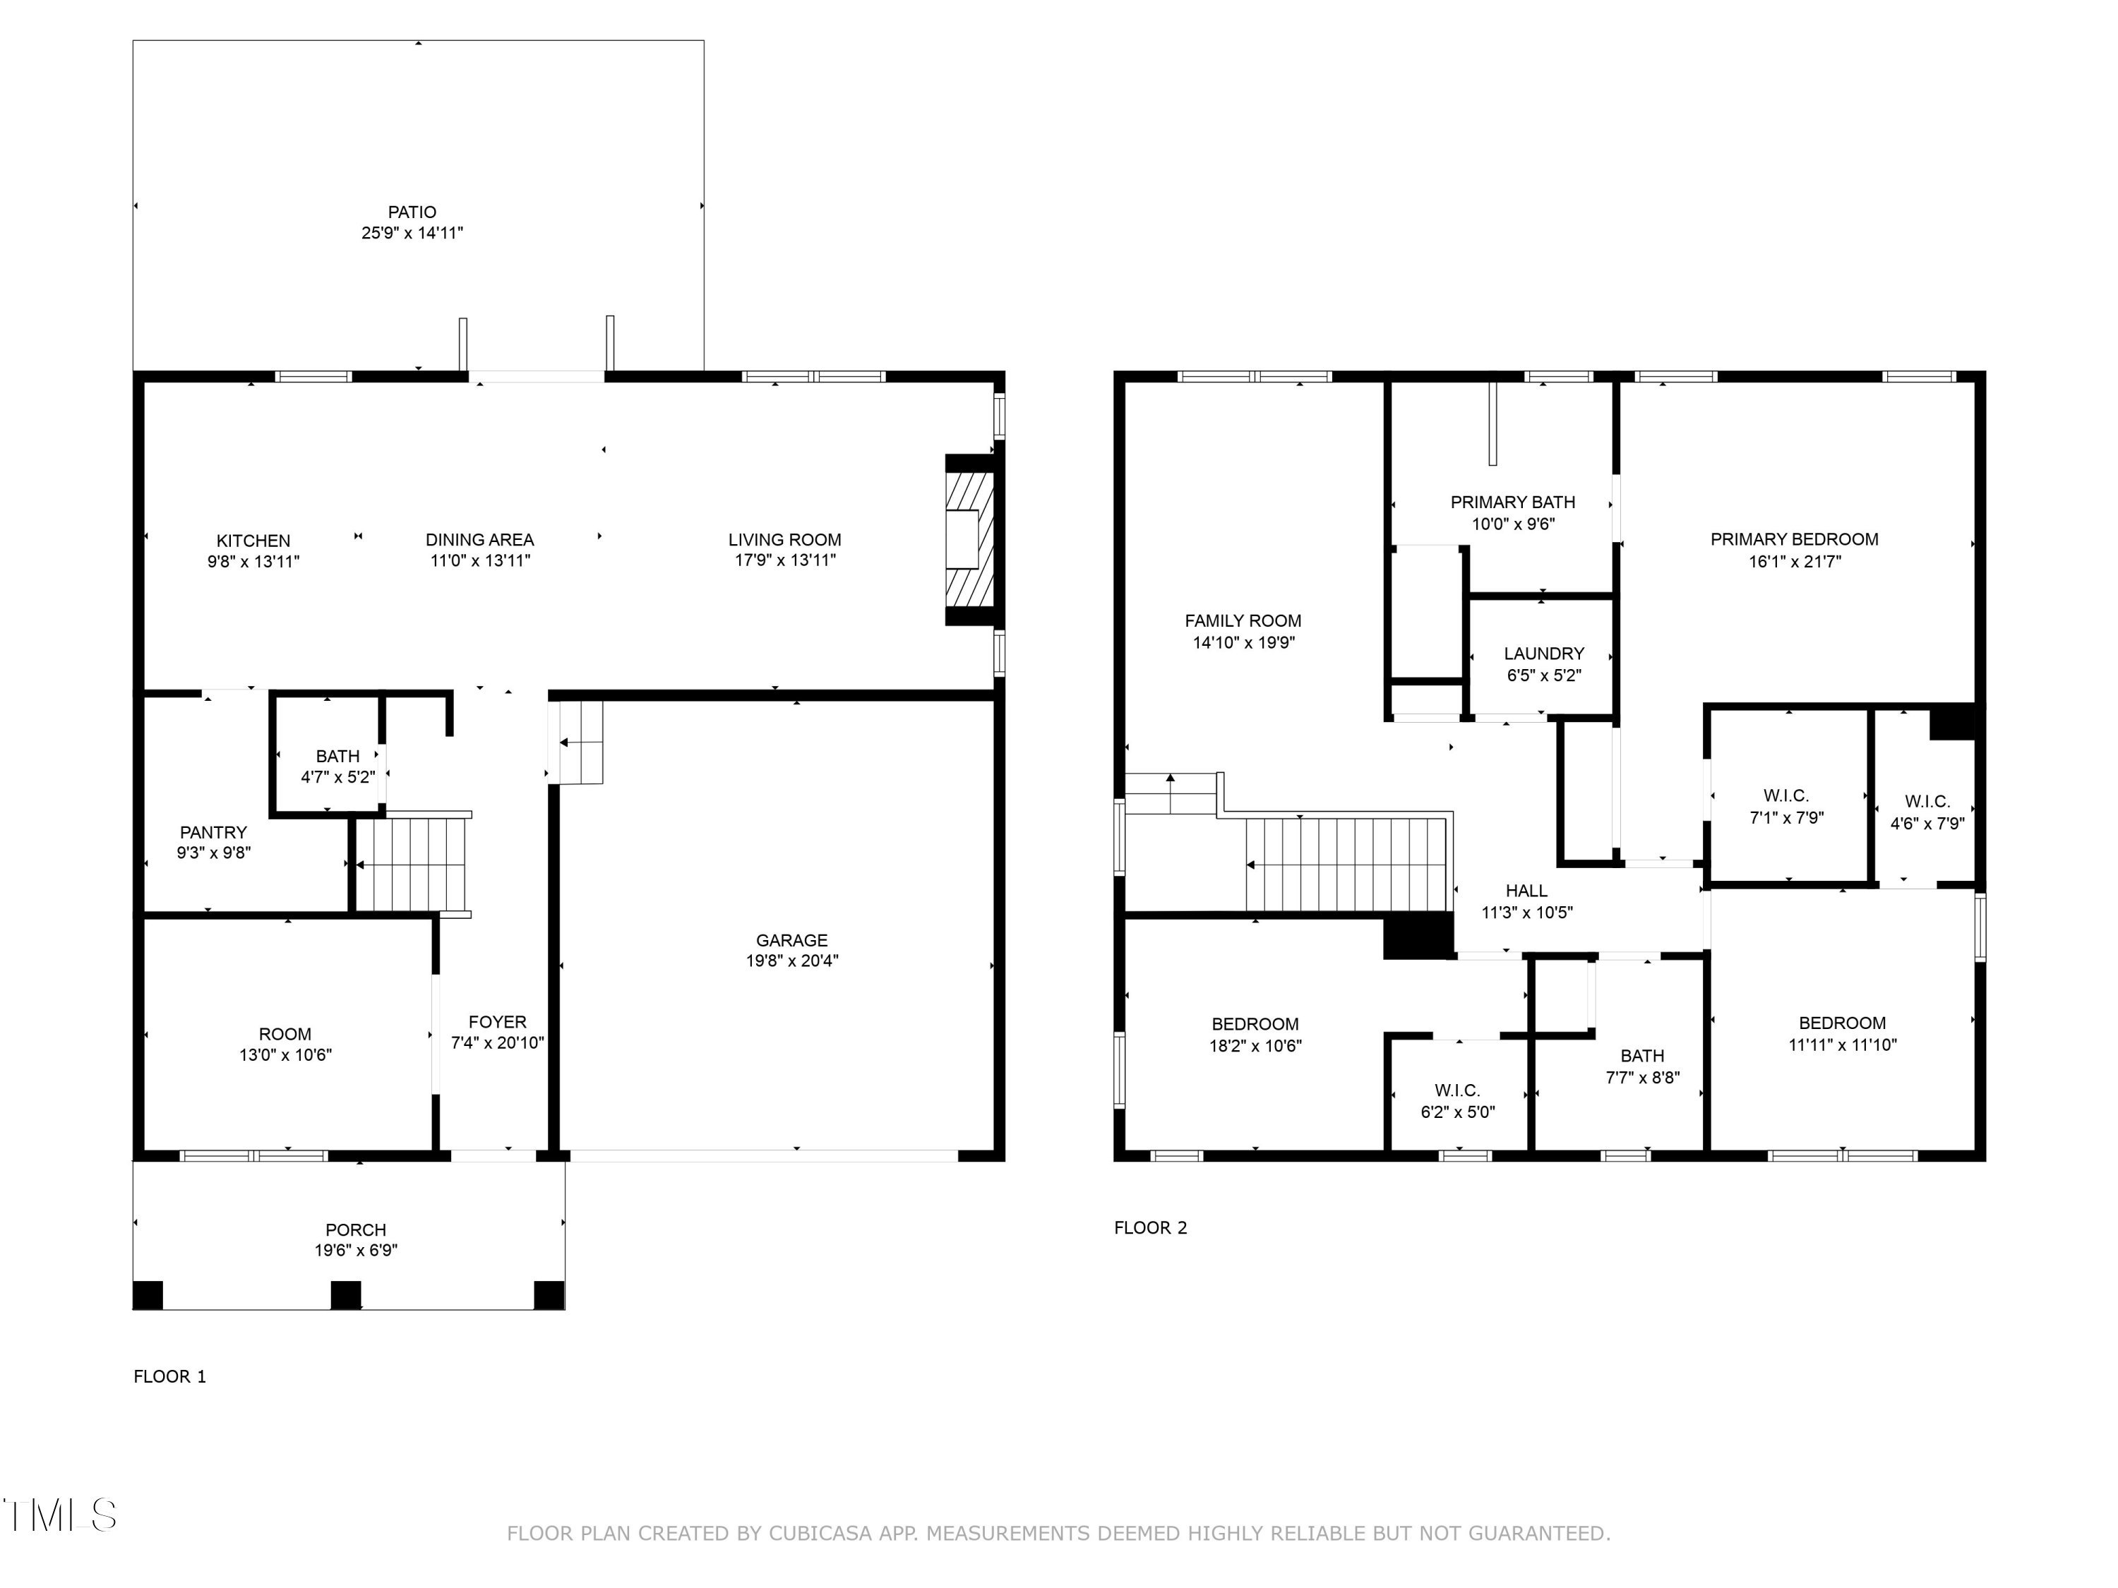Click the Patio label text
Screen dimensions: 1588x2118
coord(412,212)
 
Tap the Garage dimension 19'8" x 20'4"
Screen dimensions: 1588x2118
coord(792,961)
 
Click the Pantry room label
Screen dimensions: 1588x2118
coord(213,833)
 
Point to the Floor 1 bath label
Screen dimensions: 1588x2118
coord(337,756)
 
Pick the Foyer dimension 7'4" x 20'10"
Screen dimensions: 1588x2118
coord(498,1043)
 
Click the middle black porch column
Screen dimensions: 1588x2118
coord(346,1295)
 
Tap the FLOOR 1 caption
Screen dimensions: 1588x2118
coord(169,1376)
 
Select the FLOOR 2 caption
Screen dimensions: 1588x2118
coord(1150,1228)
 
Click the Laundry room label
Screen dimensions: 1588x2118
coord(1543,654)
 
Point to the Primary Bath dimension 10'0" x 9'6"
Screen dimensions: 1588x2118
coord(1513,524)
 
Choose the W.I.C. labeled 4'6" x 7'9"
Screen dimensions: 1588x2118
coord(1927,812)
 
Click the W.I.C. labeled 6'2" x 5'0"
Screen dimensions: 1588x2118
coord(1457,1101)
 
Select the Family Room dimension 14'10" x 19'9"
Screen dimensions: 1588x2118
coord(1243,643)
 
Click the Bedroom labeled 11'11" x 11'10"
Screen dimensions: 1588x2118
coord(1841,1034)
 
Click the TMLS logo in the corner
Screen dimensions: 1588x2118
coord(59,1515)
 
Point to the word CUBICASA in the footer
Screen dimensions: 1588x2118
coord(820,1534)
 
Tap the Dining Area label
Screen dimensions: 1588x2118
coord(479,540)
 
